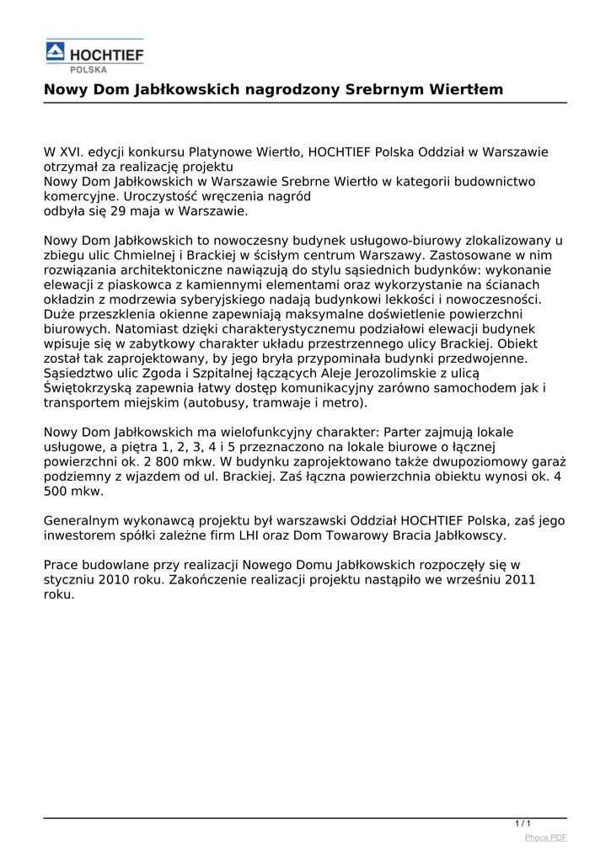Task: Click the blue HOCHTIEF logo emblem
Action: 56,53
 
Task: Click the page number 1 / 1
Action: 523,822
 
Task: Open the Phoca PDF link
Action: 545,837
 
